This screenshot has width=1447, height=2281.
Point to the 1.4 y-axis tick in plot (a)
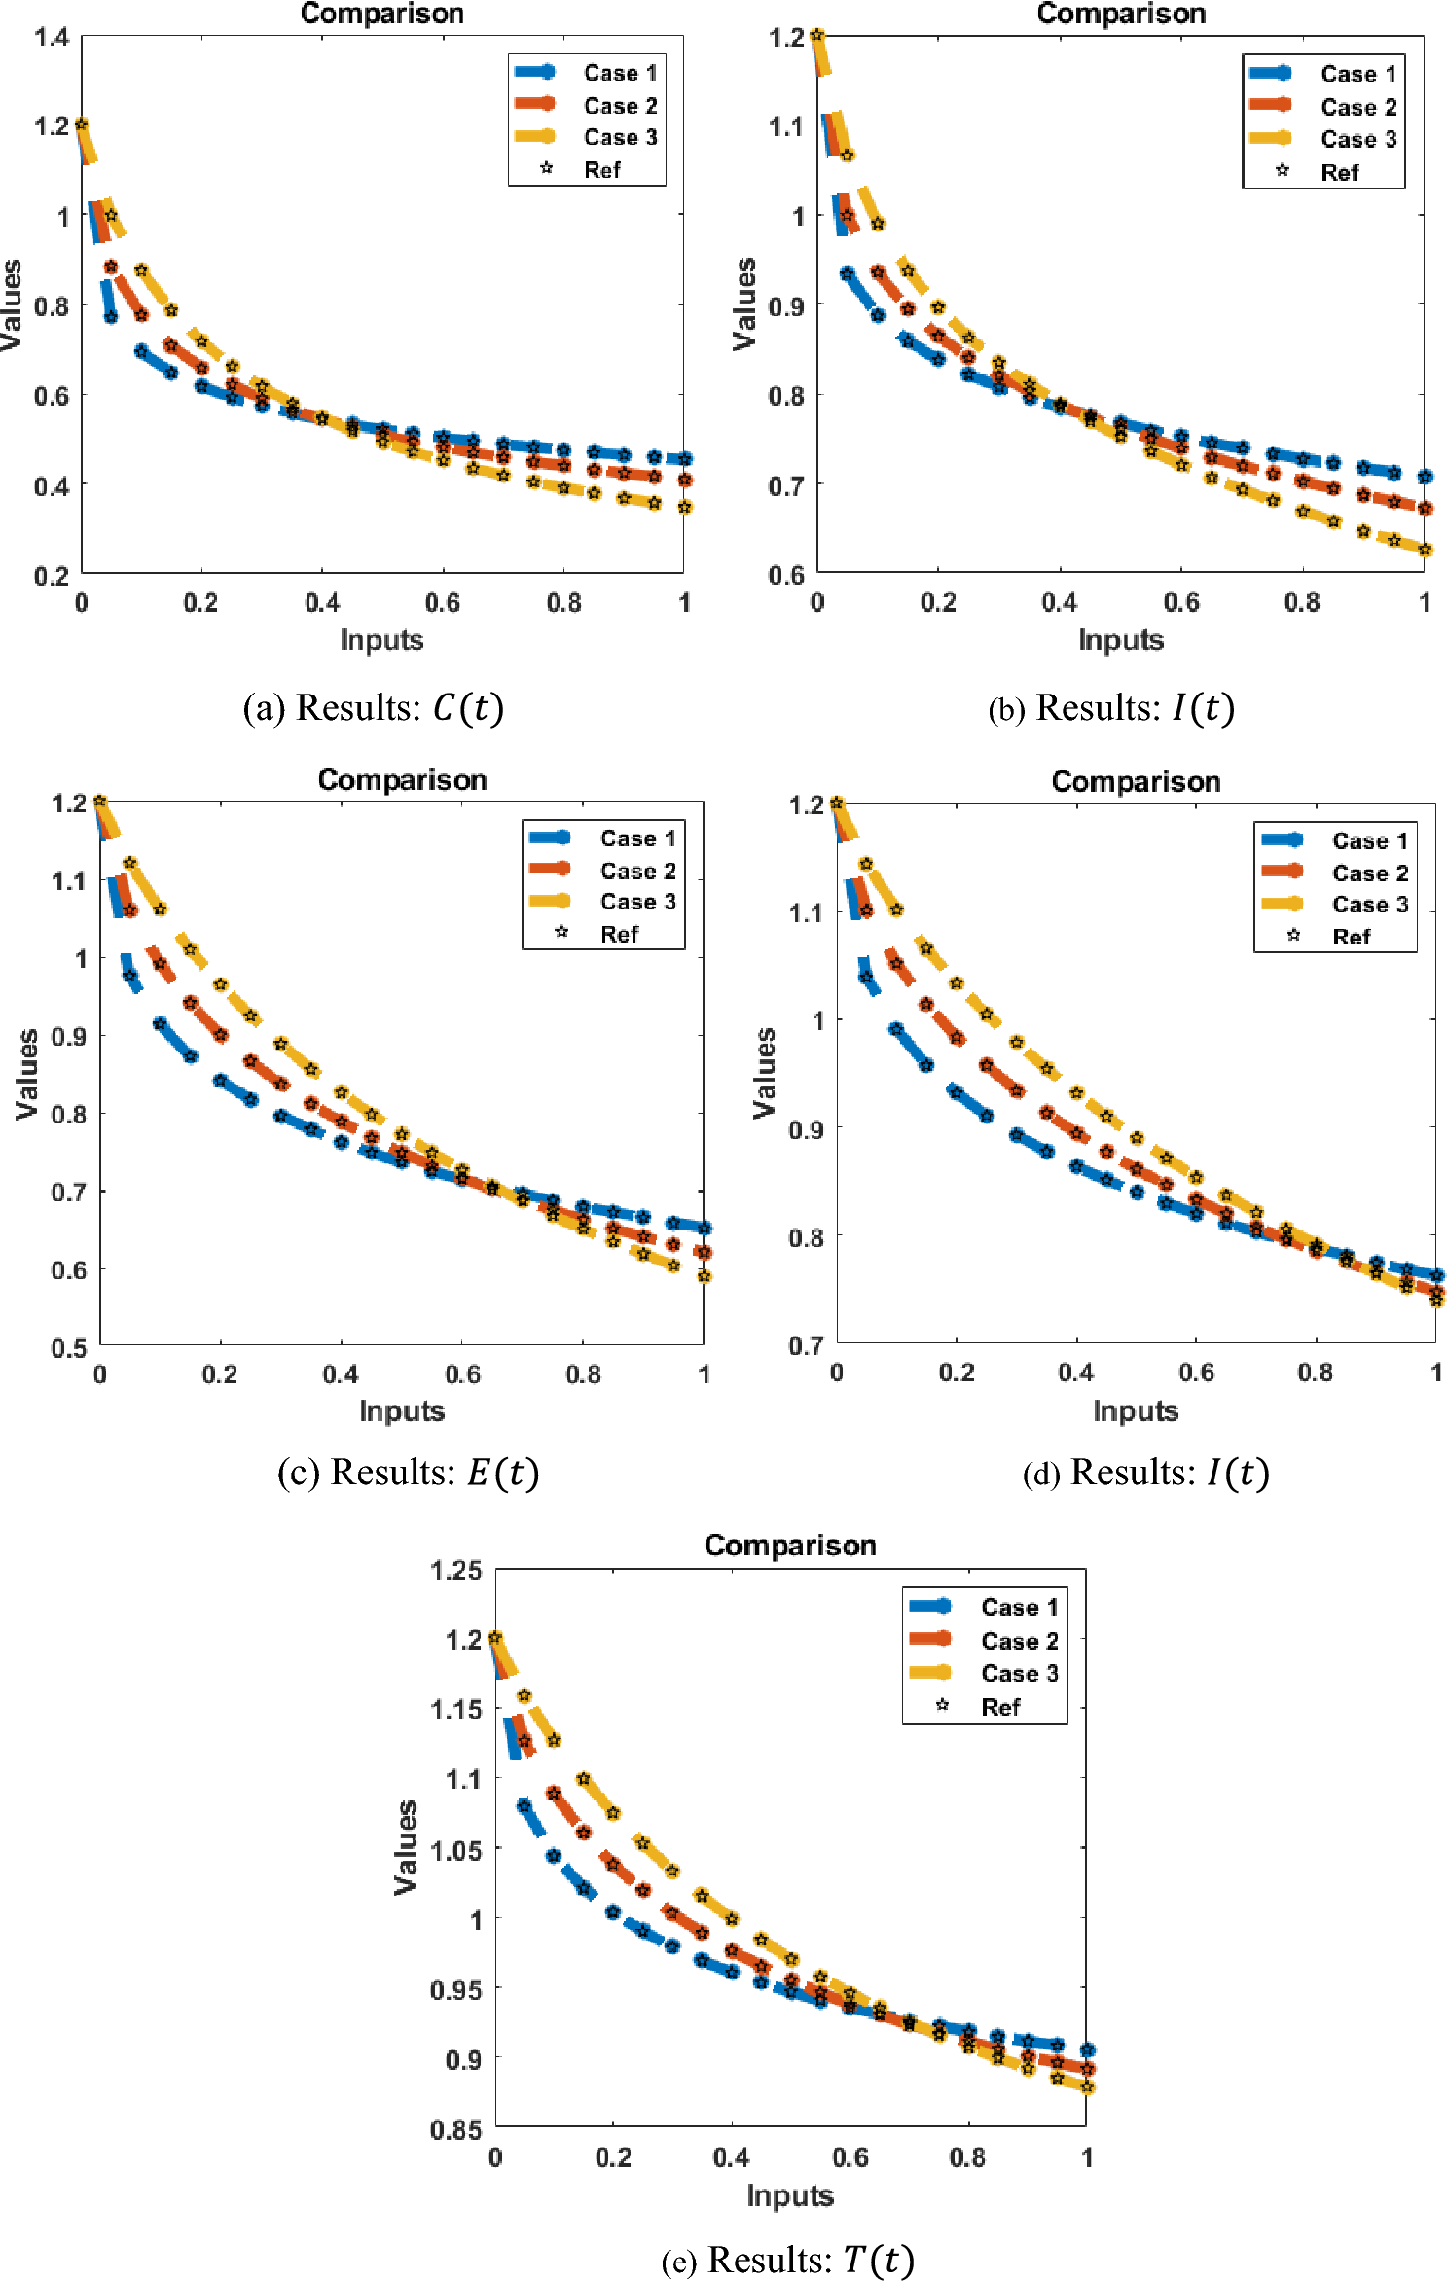(51, 37)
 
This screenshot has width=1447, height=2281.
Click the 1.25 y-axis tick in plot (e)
(455, 1570)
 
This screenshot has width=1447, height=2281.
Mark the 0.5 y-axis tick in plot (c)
(68, 1348)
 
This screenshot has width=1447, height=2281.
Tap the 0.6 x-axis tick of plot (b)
(1180, 603)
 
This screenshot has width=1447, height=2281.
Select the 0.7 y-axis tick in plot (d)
(806, 1346)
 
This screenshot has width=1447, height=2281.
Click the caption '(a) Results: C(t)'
(373, 708)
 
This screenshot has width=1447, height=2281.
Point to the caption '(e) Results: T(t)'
(787, 2259)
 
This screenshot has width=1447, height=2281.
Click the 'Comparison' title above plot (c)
(402, 780)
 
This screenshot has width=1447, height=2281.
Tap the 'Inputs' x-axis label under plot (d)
(1135, 1411)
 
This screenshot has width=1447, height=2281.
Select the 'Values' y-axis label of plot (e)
(406, 1847)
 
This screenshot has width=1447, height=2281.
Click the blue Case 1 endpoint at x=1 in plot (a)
(685, 458)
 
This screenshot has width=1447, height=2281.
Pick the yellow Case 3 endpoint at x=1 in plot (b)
(1426, 550)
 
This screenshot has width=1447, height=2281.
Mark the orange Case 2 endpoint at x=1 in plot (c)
(705, 1252)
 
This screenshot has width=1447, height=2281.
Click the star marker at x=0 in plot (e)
(495, 1638)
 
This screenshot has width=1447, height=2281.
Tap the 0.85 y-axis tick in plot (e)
(455, 2130)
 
